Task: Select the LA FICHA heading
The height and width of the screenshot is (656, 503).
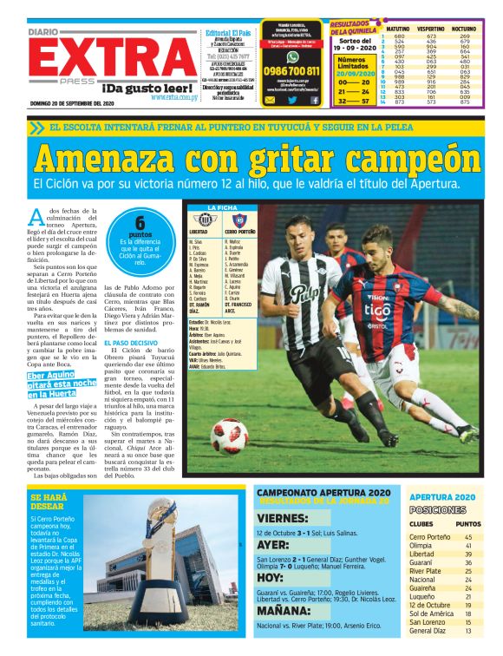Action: [x=222, y=207]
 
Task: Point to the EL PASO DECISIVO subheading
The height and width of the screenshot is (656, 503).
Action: [x=130, y=343]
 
